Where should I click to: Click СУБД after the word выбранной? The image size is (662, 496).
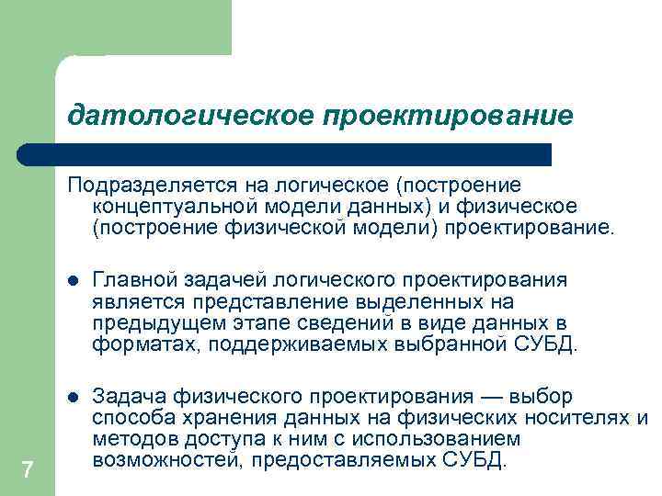547,345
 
